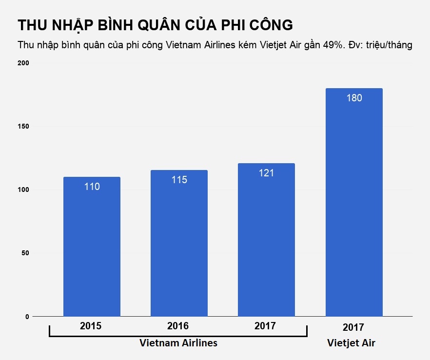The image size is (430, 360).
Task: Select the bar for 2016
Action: [179, 244]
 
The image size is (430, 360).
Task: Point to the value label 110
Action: [92, 186]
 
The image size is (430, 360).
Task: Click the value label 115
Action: [179, 180]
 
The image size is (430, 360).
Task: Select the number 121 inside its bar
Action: [266, 173]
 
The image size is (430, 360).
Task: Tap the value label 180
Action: [354, 98]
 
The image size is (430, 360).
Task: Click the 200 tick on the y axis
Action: [24, 63]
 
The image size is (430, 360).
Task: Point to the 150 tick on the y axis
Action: [24, 126]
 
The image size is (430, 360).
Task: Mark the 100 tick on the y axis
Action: [24, 189]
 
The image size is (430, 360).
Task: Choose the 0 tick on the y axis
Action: [27, 317]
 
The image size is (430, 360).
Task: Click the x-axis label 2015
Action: [91, 326]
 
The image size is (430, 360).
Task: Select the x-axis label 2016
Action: [178, 326]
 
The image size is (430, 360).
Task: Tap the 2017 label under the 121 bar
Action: [265, 326]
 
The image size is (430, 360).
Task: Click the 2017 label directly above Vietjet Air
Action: [353, 327]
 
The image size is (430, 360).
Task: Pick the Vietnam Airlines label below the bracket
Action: [178, 343]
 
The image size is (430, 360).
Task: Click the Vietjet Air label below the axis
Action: [351, 343]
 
